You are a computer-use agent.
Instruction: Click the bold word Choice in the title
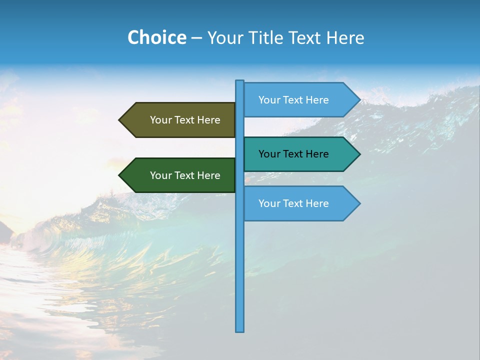[156, 38]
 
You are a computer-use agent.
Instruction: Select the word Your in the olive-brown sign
[160, 120]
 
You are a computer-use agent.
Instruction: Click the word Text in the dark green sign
[185, 175]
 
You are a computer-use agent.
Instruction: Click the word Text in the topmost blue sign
[293, 100]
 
